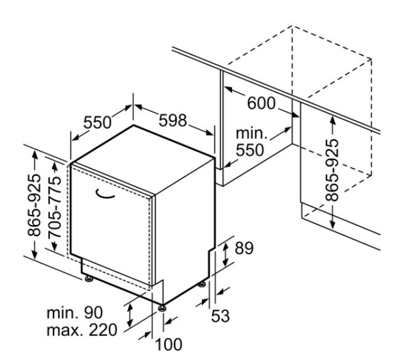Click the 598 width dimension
click(x=173, y=120)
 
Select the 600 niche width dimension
click(x=262, y=103)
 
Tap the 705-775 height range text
click(x=55, y=207)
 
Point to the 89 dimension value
click(x=244, y=248)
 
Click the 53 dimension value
click(x=220, y=316)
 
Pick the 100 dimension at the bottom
click(x=168, y=344)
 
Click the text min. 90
click(x=75, y=313)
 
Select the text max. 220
click(x=82, y=331)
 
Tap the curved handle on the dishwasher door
click(x=105, y=194)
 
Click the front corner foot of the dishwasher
click(x=162, y=308)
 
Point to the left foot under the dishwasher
click(x=89, y=279)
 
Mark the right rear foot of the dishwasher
click(x=202, y=284)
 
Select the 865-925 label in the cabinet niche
click(x=332, y=170)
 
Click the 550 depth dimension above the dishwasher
click(x=97, y=123)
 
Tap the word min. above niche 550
click(x=251, y=133)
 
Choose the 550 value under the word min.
click(x=250, y=150)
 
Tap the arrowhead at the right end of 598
click(x=209, y=133)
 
